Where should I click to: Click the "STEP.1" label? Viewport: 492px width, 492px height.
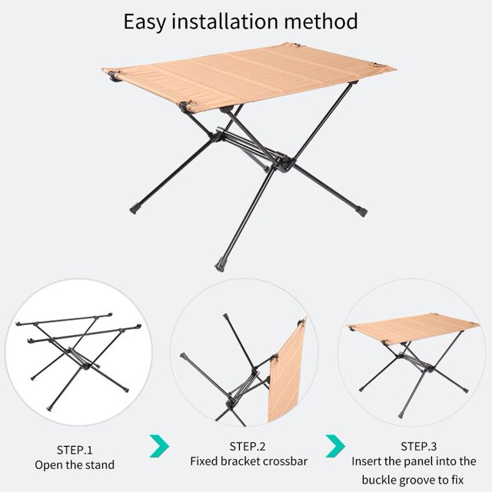[x=75, y=450]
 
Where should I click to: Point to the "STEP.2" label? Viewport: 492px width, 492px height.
[x=248, y=447]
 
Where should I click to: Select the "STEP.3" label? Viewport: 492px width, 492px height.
[x=418, y=447]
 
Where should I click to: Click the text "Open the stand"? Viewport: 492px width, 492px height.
[x=75, y=465]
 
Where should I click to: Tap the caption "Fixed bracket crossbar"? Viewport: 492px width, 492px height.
[x=249, y=461]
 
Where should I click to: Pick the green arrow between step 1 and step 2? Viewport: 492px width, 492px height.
[x=160, y=446]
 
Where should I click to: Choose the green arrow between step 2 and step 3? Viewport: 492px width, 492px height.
[x=336, y=446]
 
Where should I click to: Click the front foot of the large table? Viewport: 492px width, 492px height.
[x=221, y=264]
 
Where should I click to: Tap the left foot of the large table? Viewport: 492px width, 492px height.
[x=135, y=208]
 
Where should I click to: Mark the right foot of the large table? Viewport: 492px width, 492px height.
[x=361, y=211]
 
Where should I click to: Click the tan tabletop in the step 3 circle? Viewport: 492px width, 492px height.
[x=414, y=328]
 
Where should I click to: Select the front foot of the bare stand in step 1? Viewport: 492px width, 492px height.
[x=49, y=408]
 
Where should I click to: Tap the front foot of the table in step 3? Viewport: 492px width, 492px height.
[x=401, y=415]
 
